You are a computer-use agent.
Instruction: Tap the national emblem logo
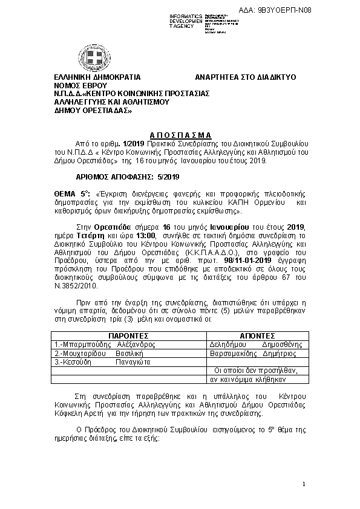pos(96,59)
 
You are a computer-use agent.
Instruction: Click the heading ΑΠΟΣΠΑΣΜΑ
pos(180,134)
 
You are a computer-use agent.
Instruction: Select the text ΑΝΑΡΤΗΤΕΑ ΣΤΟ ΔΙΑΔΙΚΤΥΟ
pos(245,78)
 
